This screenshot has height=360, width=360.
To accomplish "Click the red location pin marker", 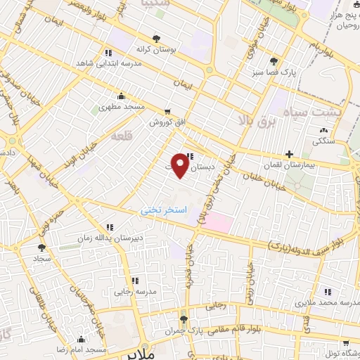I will [x=180, y=165].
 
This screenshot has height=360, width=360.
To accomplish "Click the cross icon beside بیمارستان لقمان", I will [x=289, y=154].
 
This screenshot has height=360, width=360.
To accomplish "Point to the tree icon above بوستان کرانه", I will [x=156, y=39].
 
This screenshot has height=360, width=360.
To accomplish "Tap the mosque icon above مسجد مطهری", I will [x=122, y=96].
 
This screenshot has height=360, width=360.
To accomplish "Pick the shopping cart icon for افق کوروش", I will [x=167, y=112].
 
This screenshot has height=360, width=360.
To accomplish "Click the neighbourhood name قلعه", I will [x=121, y=138].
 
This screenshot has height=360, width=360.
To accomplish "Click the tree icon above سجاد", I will [x=41, y=247].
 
